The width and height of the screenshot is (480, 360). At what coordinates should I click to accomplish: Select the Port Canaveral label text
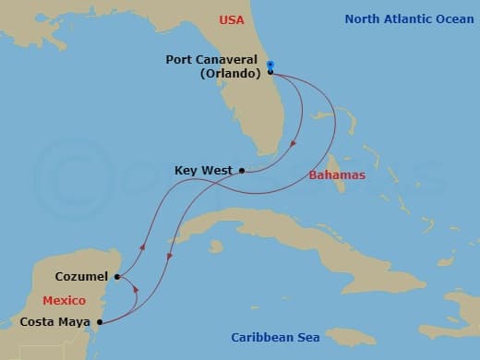pos(211,60)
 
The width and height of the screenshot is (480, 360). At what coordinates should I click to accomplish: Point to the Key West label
pos(202,171)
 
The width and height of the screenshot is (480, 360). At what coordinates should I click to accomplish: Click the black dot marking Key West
pos(242,170)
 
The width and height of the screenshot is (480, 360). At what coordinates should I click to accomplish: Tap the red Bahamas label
pos(337,175)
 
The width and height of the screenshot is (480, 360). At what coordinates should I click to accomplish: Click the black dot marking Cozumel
pos(117,276)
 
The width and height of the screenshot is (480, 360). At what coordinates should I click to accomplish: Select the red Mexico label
pos(65,301)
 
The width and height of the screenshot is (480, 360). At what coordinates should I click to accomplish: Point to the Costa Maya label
pos(55,322)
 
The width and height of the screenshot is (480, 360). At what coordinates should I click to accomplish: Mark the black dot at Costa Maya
pos(99,322)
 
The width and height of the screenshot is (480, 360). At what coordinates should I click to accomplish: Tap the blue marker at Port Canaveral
pos(270,64)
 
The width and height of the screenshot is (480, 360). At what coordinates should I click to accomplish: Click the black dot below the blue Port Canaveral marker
pos(270,71)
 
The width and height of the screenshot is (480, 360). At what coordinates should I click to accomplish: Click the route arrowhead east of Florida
pos(294,143)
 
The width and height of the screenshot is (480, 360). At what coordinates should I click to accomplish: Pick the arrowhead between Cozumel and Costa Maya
pos(137,290)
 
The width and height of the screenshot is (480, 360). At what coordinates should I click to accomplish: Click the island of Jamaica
pos(351,336)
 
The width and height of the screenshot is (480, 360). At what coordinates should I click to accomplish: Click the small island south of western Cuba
pos(216,246)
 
